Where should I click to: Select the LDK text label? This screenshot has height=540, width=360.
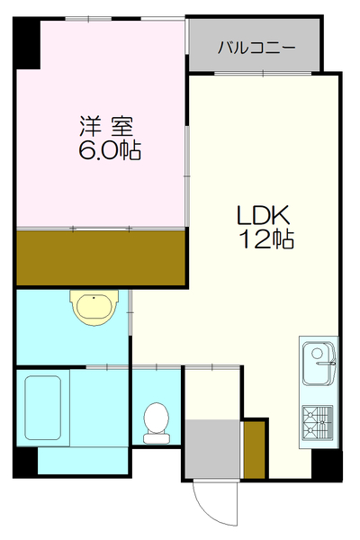tap(262, 216)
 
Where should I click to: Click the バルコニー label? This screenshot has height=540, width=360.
tap(256, 48)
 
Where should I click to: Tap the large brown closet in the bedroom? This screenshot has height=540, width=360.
tap(101, 256)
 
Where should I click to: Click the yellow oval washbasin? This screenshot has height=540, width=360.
tap(94, 308)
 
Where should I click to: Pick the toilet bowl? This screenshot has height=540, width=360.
tap(157, 420)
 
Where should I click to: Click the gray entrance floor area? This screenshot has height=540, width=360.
tap(213, 448)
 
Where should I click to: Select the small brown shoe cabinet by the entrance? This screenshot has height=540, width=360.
tap(255, 448)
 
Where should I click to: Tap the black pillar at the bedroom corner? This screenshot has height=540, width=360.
tap(26, 41)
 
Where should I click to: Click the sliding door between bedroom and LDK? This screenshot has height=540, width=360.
tap(186, 153)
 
